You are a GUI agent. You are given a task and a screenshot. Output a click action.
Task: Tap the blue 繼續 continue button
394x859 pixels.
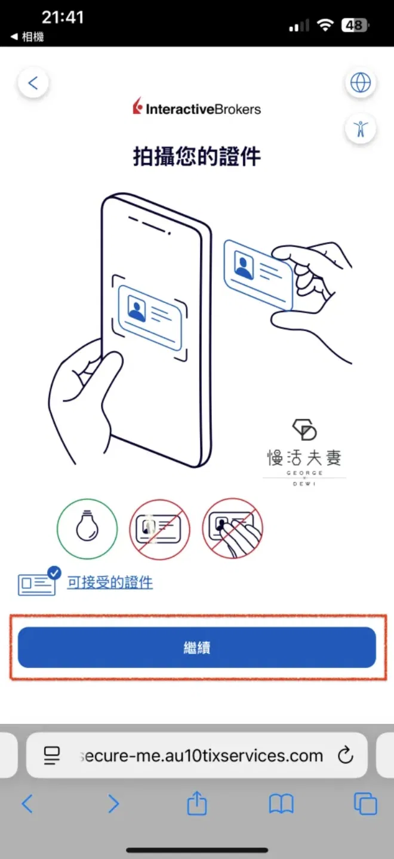pyautogui.click(x=197, y=647)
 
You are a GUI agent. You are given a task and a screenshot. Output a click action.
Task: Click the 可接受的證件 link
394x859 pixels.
pyautogui.click(x=110, y=582)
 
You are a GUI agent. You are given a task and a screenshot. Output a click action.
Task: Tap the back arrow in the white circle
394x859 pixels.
pyautogui.click(x=33, y=83)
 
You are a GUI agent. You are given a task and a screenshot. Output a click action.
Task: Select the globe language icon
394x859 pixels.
pyautogui.click(x=361, y=82)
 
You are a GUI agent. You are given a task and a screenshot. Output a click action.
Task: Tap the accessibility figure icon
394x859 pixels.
pyautogui.click(x=361, y=128)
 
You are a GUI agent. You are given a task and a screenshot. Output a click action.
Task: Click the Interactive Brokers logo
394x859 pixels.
pyautogui.click(x=197, y=107)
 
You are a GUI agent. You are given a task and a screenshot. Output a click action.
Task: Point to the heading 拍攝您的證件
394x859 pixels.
pyautogui.click(x=197, y=156)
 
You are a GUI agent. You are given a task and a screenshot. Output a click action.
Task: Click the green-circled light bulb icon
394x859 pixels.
pyautogui.click(x=87, y=529)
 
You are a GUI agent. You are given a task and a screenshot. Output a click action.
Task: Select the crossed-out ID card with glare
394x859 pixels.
pyautogui.click(x=159, y=529)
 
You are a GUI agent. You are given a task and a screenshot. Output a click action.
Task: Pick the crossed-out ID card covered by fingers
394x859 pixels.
pyautogui.click(x=232, y=529)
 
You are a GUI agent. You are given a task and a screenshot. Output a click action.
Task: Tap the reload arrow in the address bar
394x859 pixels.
pyautogui.click(x=345, y=755)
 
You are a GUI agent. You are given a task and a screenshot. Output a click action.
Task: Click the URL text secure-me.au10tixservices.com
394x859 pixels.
pyautogui.click(x=201, y=755)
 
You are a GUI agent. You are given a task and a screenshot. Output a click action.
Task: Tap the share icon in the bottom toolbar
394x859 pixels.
pyautogui.click(x=197, y=803)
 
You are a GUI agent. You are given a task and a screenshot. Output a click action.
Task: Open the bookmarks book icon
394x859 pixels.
pyautogui.click(x=281, y=804)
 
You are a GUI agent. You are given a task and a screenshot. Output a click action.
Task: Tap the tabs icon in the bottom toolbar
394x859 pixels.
pyautogui.click(x=365, y=804)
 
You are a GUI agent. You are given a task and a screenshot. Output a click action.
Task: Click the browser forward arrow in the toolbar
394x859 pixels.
pyautogui.click(x=113, y=804)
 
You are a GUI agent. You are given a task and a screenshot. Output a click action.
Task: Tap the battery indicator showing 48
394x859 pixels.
pyautogui.click(x=355, y=25)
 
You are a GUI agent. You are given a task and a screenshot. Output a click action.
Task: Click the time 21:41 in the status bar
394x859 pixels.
pyautogui.click(x=63, y=17)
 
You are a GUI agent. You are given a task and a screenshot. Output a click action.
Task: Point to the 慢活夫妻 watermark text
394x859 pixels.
pyautogui.click(x=304, y=458)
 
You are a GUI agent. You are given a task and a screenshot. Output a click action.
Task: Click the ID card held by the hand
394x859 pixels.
pyautogui.click(x=258, y=274)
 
